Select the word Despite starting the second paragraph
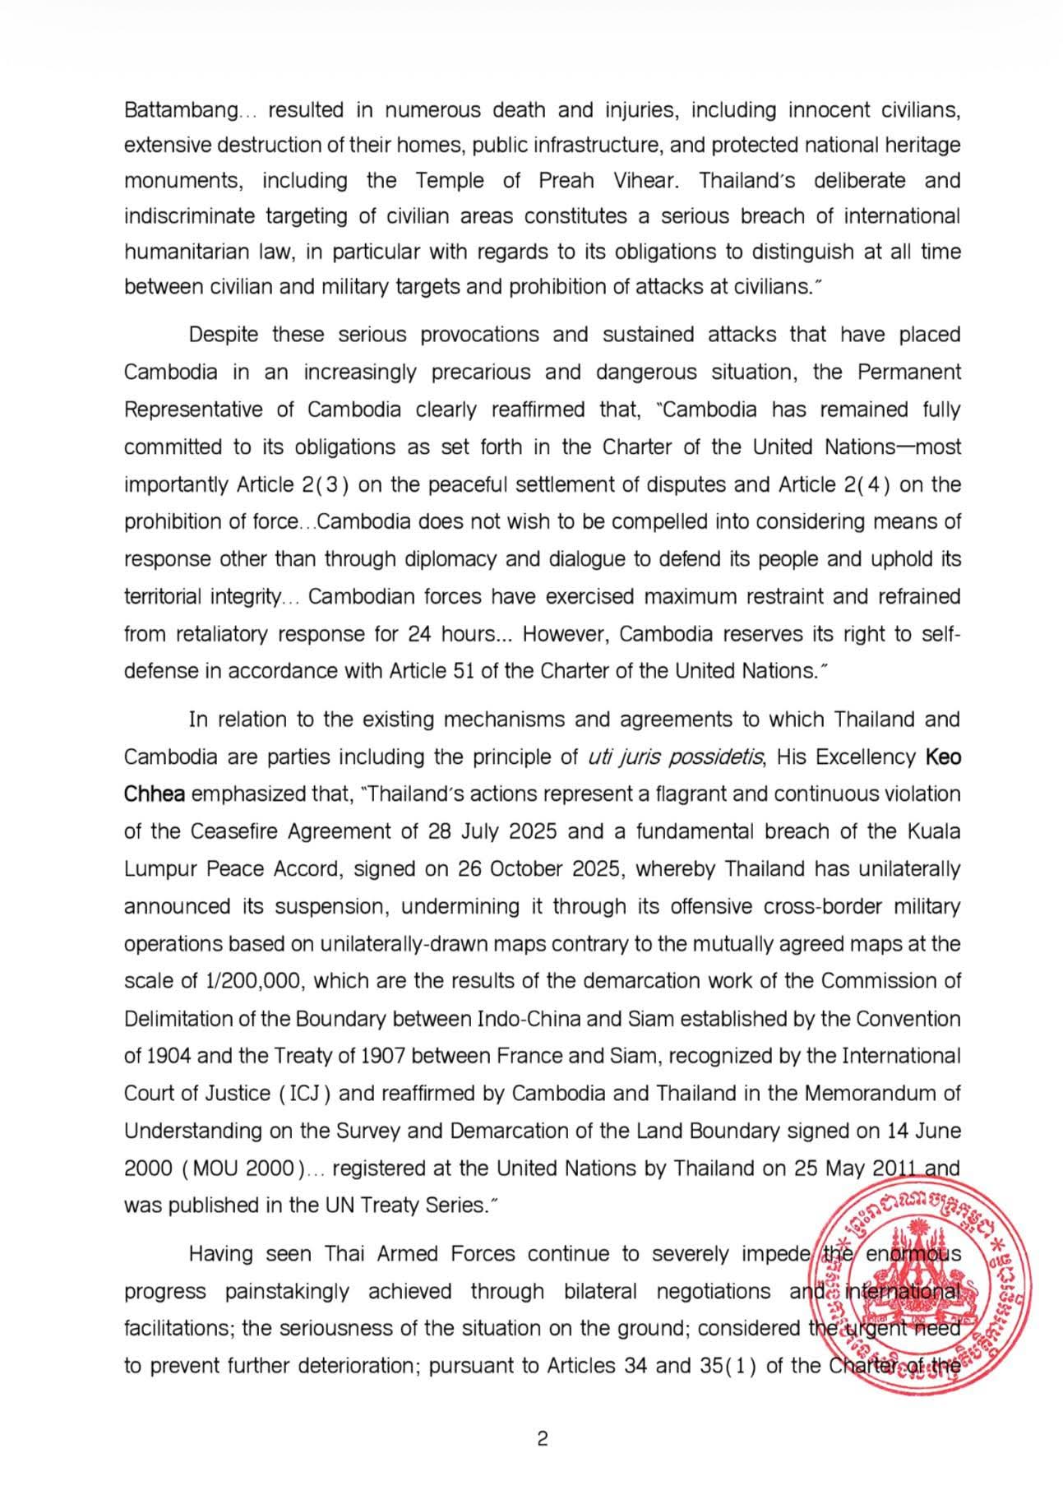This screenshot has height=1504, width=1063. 222,335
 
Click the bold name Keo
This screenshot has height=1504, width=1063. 943,757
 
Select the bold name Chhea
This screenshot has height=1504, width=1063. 155,794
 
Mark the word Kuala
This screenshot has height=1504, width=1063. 934,831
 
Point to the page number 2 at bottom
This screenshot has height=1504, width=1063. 542,1439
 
